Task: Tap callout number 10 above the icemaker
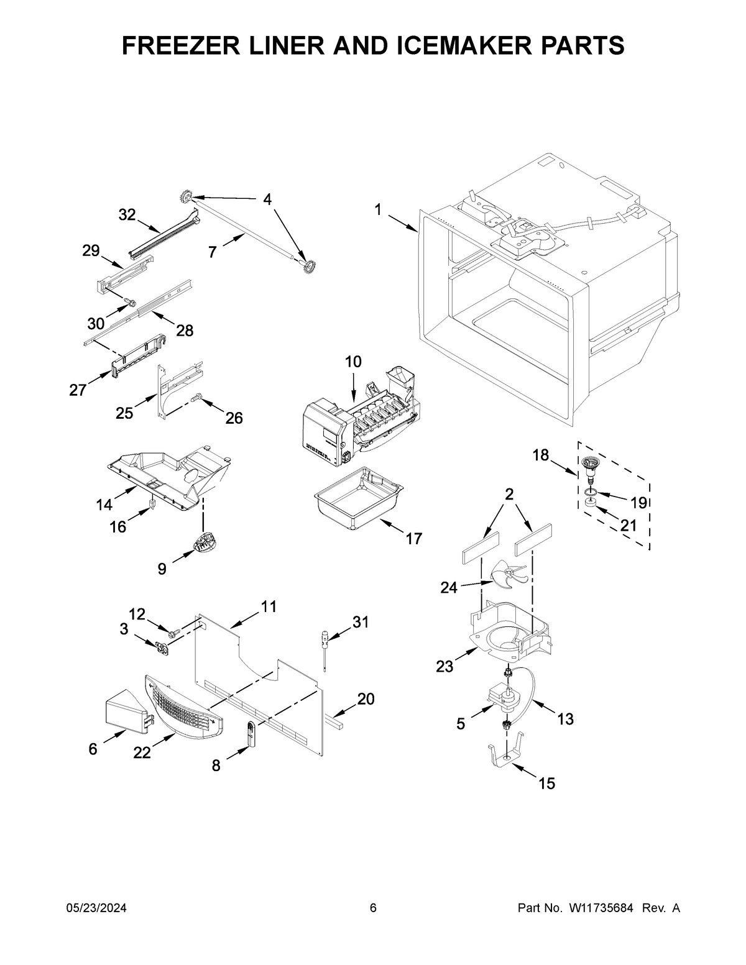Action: pyautogui.click(x=352, y=362)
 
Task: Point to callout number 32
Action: pyautogui.click(x=127, y=215)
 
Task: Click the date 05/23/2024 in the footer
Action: pyautogui.click(x=96, y=908)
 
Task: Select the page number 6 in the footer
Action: pyautogui.click(x=373, y=908)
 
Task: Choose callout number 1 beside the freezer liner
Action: pyautogui.click(x=378, y=209)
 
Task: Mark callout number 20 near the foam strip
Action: pyautogui.click(x=366, y=699)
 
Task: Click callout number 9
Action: pyautogui.click(x=162, y=568)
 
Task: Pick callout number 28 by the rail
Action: pyautogui.click(x=185, y=331)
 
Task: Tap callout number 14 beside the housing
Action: pyautogui.click(x=104, y=505)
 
